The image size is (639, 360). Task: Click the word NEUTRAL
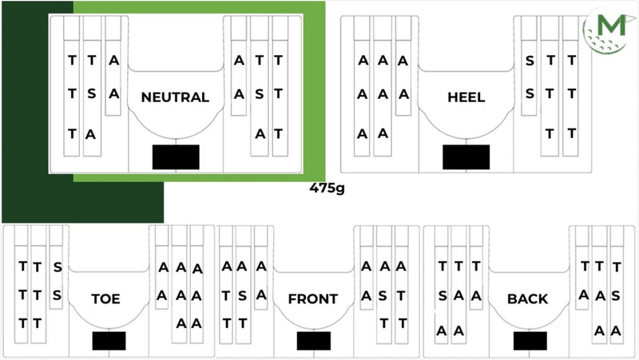[175, 97]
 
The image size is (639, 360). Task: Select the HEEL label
[466, 97]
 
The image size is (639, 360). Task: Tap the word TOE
[105, 299]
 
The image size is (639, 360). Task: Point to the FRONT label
[313, 299]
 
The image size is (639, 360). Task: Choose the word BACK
[528, 299]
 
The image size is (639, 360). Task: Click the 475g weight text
[327, 188]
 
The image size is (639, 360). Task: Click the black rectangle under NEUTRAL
[176, 156]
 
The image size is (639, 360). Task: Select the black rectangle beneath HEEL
[466, 156]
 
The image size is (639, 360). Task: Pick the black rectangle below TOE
[109, 341]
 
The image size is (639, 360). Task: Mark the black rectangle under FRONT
[314, 341]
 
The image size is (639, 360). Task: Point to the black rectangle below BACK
[530, 341]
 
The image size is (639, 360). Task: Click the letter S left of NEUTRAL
[92, 93]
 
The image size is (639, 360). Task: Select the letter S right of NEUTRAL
[259, 94]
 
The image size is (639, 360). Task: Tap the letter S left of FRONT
[243, 295]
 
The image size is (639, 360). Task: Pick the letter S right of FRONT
[383, 295]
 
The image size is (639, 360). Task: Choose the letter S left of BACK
[443, 295]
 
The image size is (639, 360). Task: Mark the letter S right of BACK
[616, 295]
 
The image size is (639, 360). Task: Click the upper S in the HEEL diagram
[530, 61]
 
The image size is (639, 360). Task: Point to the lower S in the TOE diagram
[57, 295]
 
